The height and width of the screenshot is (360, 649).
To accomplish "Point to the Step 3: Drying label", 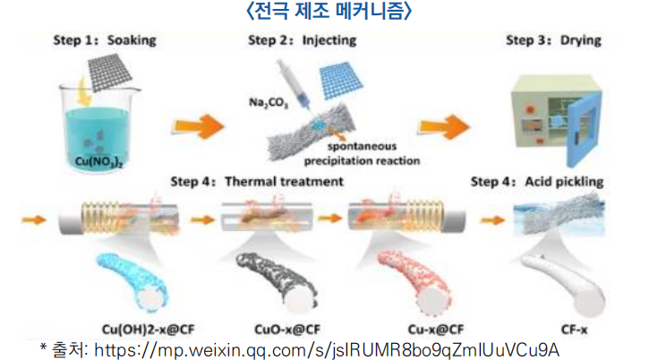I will pos(553,40).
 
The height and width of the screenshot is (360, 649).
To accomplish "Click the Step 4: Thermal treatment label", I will pos(257,182).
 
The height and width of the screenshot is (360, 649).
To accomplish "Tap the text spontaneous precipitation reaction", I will pos(365,154).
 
